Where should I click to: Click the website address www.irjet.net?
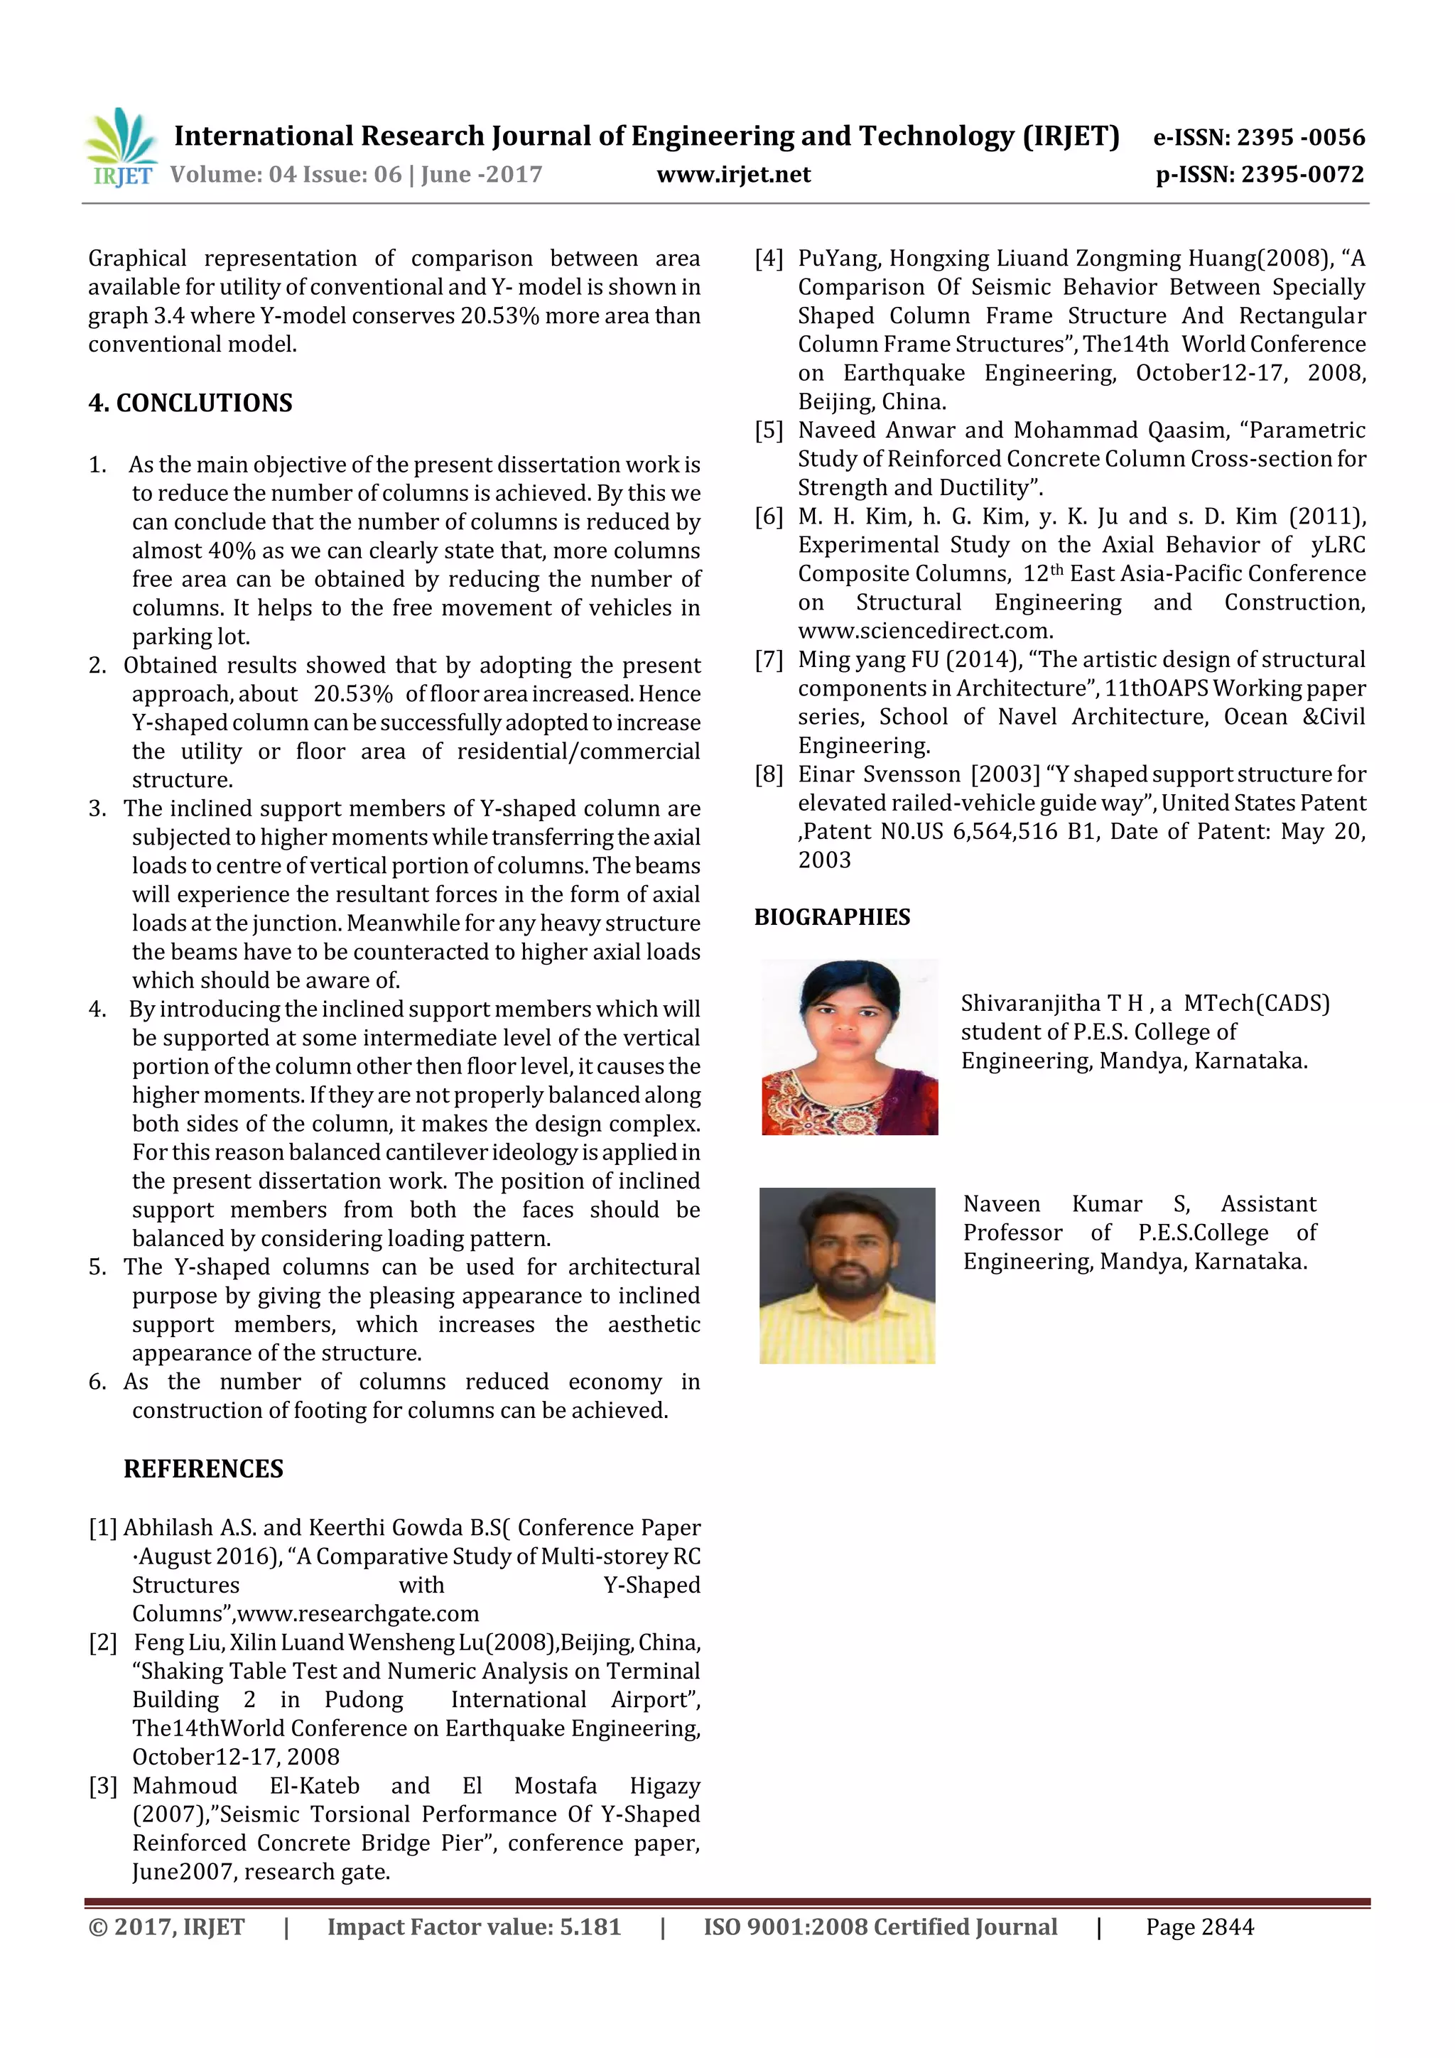[x=733, y=175]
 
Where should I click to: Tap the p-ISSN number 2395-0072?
[x=1302, y=175]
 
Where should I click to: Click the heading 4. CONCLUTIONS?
[x=190, y=404]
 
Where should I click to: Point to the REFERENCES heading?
[x=203, y=1469]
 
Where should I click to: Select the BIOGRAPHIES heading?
[x=832, y=917]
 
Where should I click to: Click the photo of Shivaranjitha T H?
[x=849, y=1047]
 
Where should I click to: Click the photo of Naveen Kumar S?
[x=847, y=1275]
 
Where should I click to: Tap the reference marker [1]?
[x=103, y=1528]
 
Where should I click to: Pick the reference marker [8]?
[x=769, y=774]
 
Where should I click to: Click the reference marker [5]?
[x=769, y=430]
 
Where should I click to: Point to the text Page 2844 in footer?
[x=1199, y=1927]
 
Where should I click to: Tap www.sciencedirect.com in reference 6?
[x=925, y=631]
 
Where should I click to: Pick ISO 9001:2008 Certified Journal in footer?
[x=880, y=1927]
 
